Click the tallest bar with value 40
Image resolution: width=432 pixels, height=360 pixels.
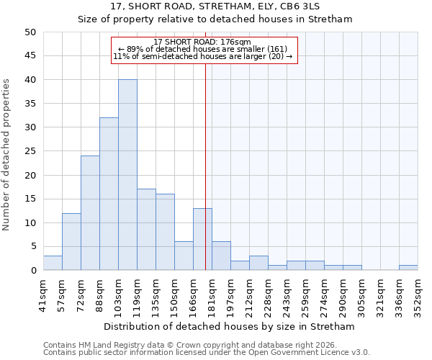pyautogui.click(x=127, y=175)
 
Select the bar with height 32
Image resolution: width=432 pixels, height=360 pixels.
pyautogui.click(x=109, y=194)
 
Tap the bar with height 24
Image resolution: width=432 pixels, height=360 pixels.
pyautogui.click(x=90, y=213)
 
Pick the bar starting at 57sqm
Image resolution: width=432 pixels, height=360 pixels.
pyautogui.click(x=71, y=242)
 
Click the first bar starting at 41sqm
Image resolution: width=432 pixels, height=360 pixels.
pyautogui.click(x=53, y=263)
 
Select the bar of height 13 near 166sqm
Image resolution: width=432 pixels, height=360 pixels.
pyautogui.click(x=202, y=239)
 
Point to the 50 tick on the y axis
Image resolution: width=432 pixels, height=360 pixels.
pyautogui.click(x=30, y=32)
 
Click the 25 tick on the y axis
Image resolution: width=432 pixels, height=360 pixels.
pyautogui.click(x=30, y=151)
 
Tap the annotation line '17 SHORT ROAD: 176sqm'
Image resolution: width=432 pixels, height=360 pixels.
pyautogui.click(x=202, y=42)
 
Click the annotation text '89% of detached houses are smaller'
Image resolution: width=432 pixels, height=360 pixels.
pyautogui.click(x=202, y=49)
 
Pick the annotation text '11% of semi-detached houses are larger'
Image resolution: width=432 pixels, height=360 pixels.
pyautogui.click(x=202, y=57)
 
